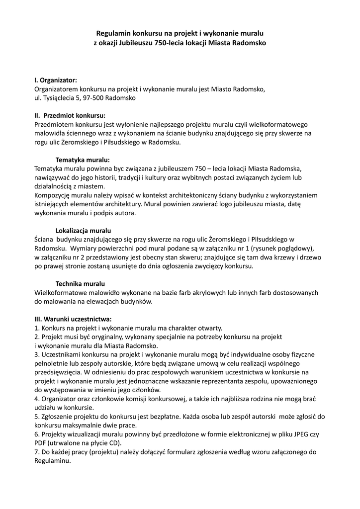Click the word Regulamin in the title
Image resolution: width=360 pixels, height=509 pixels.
pyautogui.click(x=111, y=33)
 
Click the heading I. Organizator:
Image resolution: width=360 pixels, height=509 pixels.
pyautogui.click(x=55, y=80)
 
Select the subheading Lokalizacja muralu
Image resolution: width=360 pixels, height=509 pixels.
pyautogui.click(x=83, y=231)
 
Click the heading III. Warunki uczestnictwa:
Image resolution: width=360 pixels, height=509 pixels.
pyautogui.click(x=73, y=319)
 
